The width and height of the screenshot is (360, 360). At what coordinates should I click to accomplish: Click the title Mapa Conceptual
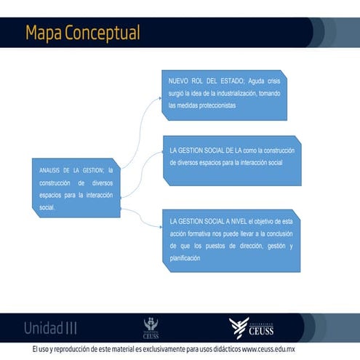click(x=82, y=33)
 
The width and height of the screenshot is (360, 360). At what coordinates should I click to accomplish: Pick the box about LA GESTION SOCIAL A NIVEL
click(x=231, y=239)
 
